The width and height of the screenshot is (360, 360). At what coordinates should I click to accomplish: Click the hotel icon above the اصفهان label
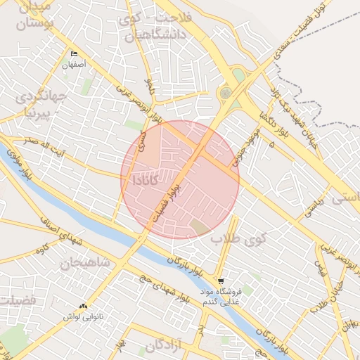point(75,53)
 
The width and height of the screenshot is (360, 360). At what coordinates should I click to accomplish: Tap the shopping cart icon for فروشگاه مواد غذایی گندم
point(222,281)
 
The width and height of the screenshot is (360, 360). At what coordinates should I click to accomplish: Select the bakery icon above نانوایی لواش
point(84,307)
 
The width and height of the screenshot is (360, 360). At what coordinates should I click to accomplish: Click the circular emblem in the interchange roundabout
point(225,93)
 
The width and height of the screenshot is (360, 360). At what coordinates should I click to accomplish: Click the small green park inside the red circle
point(200,227)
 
